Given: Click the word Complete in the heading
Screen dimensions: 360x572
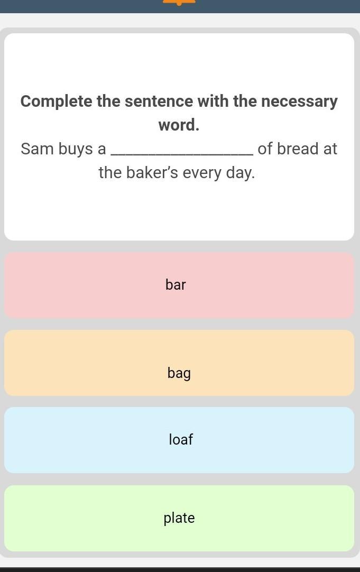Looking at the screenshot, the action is click(57, 102).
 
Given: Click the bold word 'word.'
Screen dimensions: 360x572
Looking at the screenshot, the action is click(179, 125).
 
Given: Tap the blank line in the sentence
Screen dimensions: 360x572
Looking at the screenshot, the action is click(182, 155).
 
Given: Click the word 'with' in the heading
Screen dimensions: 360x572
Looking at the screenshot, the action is click(213, 101).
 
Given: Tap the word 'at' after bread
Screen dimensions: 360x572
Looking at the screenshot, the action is click(330, 149).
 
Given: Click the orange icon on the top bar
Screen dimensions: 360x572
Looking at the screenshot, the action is click(179, 2).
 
